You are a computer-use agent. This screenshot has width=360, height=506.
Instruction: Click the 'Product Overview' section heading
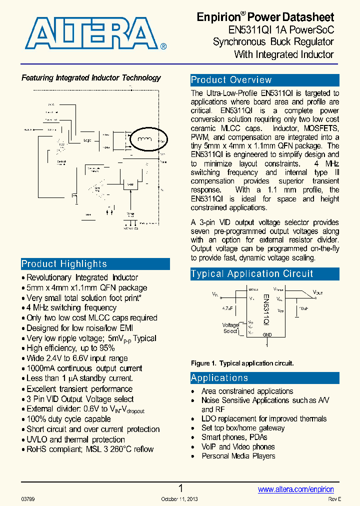pyautogui.click(x=231, y=80)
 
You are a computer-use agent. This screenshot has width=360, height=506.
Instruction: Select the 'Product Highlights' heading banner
pyautogui.click(x=64, y=264)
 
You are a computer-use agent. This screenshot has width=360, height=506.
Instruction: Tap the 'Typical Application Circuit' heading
pyautogui.click(x=252, y=273)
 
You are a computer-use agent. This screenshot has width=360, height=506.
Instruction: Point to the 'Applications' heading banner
pyautogui.click(x=219, y=378)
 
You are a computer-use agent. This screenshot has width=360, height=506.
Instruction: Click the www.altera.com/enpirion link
pyautogui.click(x=295, y=489)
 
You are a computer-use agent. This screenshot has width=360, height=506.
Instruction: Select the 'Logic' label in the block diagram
pyautogui.click(x=87, y=140)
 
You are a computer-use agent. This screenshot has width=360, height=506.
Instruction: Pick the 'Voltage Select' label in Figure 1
pyautogui.click(x=230, y=328)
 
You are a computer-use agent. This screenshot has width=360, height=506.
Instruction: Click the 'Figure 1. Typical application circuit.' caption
pyautogui.click(x=242, y=363)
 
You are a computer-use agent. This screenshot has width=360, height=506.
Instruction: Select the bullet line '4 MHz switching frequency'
pyautogui.click(x=71, y=307)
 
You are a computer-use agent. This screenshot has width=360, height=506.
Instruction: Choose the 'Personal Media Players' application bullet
pyautogui.click(x=238, y=456)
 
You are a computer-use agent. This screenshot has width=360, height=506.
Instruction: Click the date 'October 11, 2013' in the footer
pyautogui.click(x=179, y=499)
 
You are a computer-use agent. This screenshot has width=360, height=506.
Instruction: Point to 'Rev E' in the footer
pyautogui.click(x=334, y=499)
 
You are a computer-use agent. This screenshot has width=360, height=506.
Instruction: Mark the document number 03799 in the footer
pyautogui.click(x=28, y=499)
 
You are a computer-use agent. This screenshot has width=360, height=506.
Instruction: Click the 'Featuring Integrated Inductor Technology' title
pyautogui.click(x=91, y=77)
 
